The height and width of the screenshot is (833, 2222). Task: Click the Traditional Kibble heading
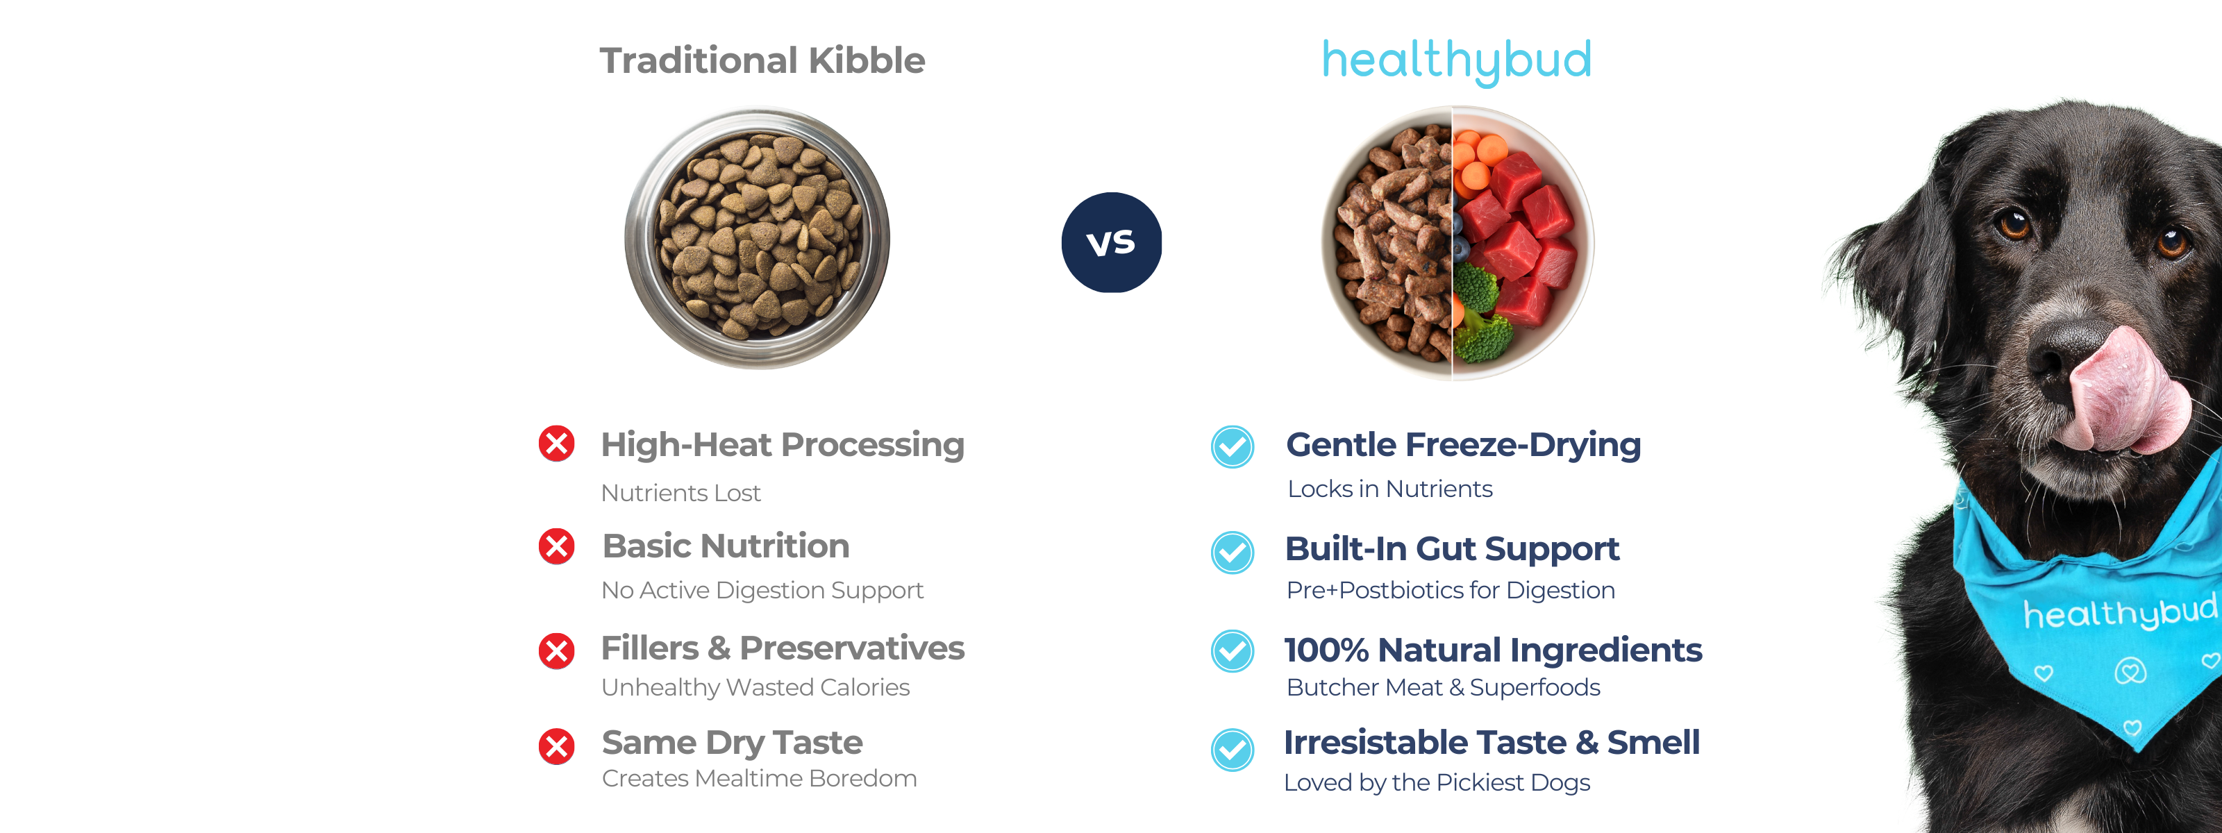point(762,60)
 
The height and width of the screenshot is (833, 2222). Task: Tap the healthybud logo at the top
point(1457,61)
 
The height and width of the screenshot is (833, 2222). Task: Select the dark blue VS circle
point(1111,242)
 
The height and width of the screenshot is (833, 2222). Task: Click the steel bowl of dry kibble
point(758,238)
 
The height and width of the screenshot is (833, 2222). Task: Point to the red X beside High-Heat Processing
point(556,444)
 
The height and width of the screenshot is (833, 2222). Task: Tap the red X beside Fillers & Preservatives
point(556,651)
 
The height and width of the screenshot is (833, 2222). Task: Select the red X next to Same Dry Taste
point(556,746)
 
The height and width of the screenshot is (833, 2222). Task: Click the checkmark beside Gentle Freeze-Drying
point(1233,446)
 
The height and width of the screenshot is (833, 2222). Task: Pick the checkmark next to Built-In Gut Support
point(1233,553)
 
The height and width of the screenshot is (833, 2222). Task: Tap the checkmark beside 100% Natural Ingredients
point(1233,651)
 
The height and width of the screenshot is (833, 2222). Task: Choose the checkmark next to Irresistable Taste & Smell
point(1233,750)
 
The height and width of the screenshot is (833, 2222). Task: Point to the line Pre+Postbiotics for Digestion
point(1450,590)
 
